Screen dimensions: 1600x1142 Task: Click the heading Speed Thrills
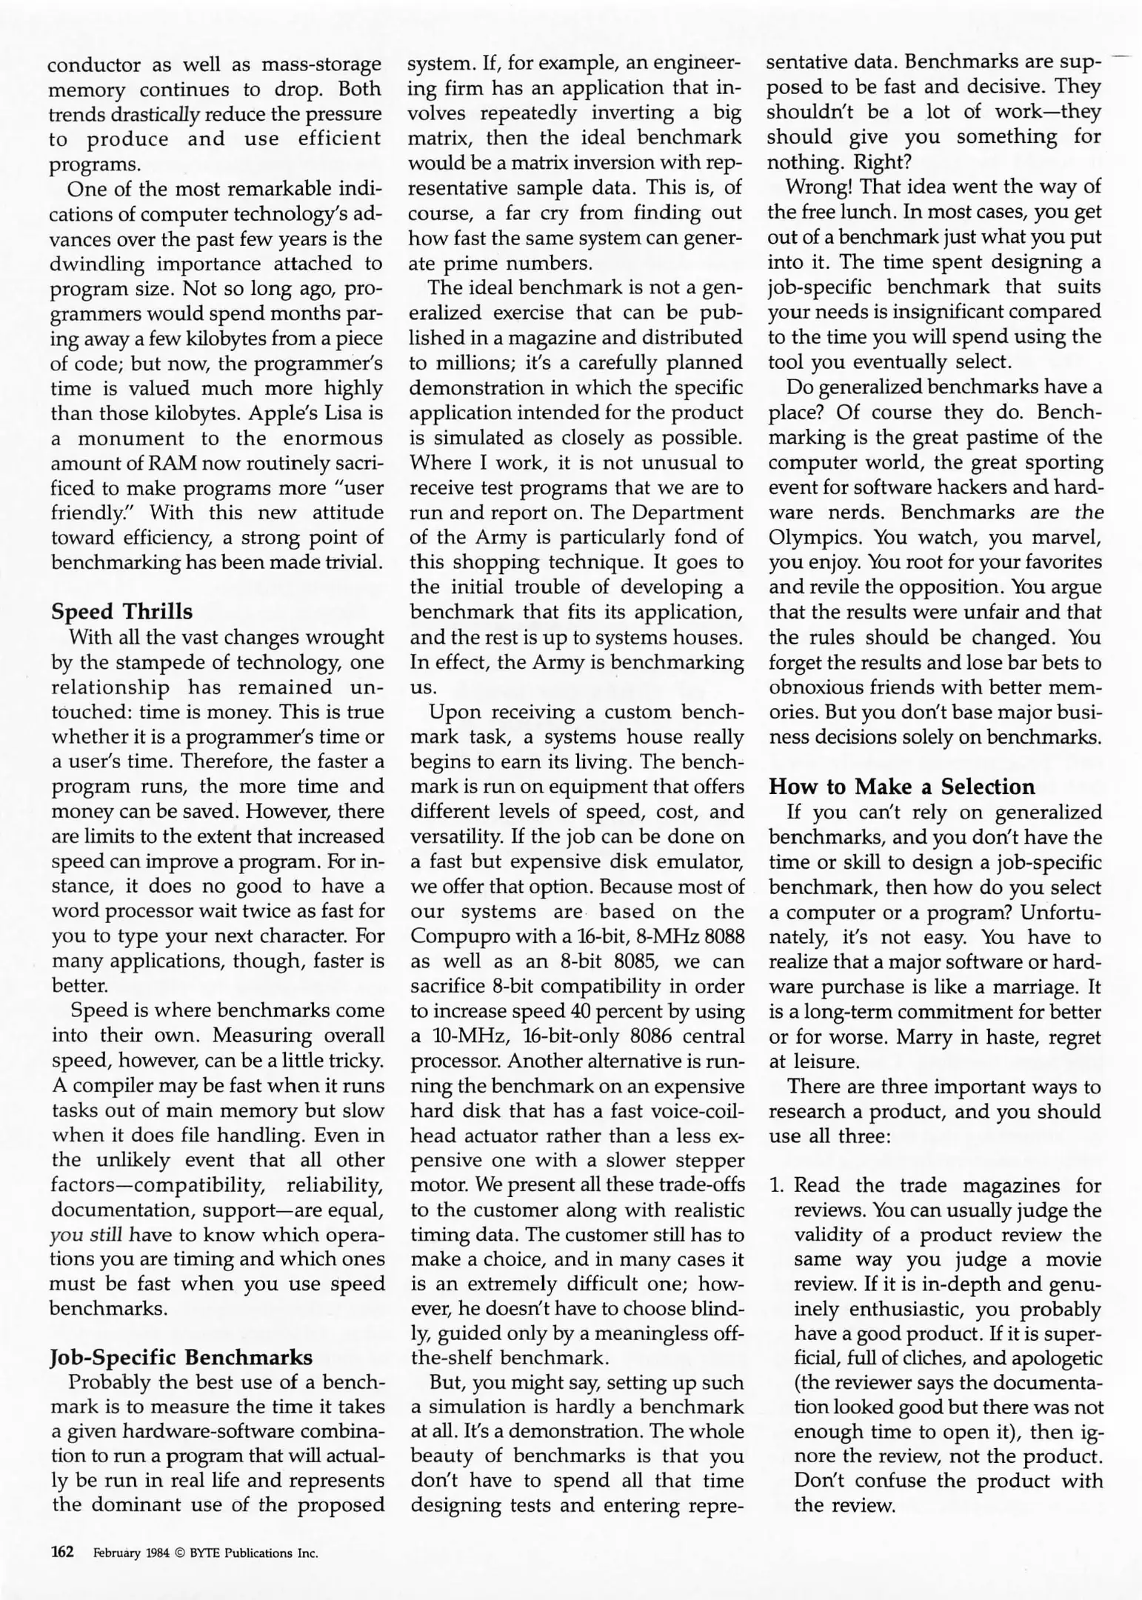pos(121,612)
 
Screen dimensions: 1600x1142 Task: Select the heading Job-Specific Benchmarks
pos(181,1358)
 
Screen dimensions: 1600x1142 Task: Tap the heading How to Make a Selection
pos(901,787)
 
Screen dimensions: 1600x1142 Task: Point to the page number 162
pos(62,1553)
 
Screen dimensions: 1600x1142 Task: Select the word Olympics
pos(813,537)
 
